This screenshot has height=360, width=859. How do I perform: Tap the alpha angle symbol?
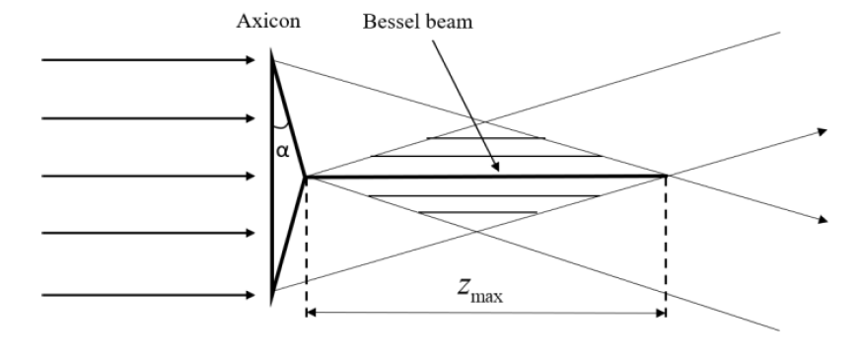tap(283, 153)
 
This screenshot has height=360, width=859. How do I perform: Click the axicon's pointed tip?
tap(306, 178)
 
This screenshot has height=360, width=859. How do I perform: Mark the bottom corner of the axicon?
tap(273, 295)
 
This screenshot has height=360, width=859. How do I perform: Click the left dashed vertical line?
tap(307, 247)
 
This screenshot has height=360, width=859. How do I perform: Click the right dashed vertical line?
tap(667, 247)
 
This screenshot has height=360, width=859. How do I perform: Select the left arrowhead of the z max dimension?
tap(312, 314)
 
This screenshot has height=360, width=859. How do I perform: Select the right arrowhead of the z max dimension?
tap(662, 314)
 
